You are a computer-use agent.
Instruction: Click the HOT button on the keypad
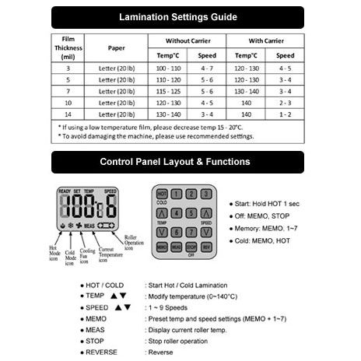coord(162,194)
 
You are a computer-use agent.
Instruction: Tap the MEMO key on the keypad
coord(162,246)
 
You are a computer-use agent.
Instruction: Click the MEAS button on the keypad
coord(177,246)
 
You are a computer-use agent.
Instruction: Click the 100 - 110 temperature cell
coord(170,70)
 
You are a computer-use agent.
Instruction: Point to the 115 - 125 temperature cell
coord(170,91)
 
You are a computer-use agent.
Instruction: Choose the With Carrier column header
coord(265,40)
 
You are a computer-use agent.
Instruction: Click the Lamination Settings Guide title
coord(178,16)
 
